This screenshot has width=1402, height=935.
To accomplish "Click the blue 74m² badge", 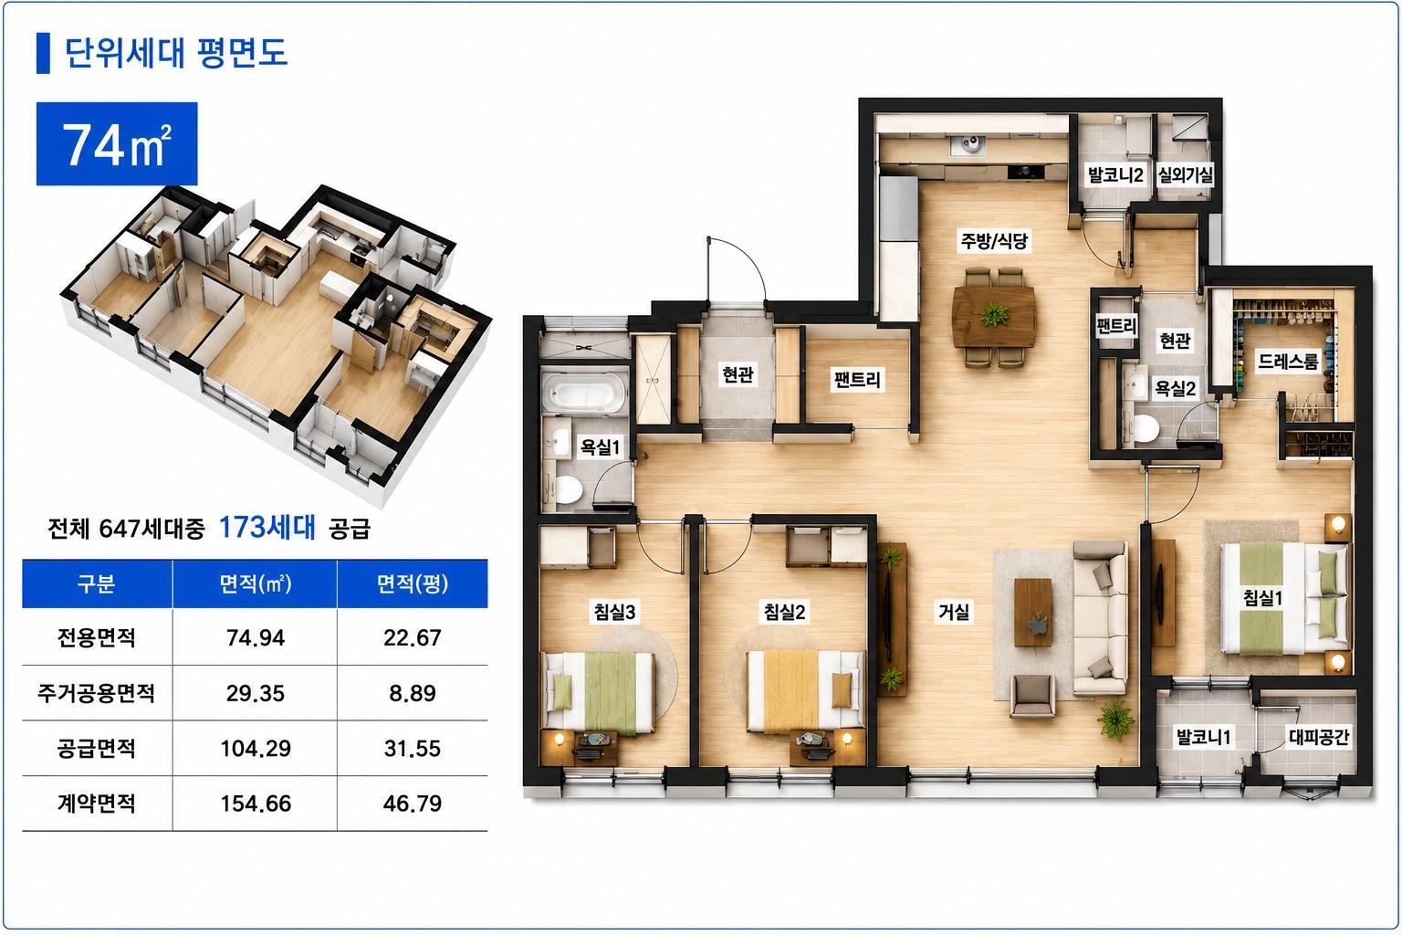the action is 117,143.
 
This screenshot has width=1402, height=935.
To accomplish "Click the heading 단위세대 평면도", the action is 176,53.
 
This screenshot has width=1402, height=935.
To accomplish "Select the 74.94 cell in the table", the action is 256,637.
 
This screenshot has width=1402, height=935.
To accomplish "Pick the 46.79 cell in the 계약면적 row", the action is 412,804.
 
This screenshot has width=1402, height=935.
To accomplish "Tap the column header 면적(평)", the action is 413,583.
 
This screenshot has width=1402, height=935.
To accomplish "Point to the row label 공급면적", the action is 97,749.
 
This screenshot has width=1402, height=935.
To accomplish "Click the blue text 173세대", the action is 267,528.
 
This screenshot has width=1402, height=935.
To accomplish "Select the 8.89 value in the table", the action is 412,693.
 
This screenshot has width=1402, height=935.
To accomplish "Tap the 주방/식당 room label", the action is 994,240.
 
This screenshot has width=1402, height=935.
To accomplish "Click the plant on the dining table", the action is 994,313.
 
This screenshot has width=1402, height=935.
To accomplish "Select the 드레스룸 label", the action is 1288,362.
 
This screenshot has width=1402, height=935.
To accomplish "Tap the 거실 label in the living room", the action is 954,611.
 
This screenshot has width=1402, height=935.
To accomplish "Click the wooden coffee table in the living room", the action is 1032,612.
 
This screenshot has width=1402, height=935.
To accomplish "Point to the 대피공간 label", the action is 1319,737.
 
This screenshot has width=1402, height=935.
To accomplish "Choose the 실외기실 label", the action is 1185,174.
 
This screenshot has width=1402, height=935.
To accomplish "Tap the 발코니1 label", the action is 1203,737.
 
